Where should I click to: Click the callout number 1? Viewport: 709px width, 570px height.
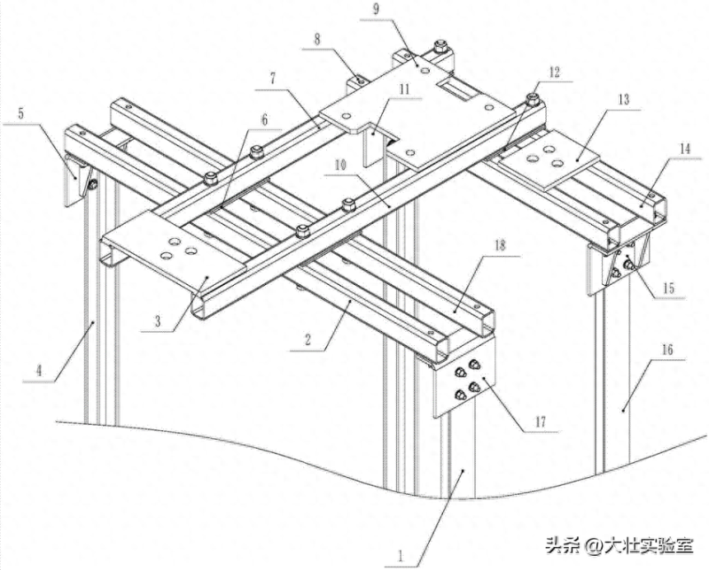[401, 557]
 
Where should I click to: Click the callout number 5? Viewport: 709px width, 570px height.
[21, 114]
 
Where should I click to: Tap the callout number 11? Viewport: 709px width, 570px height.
[403, 89]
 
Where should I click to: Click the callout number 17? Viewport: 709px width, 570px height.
[538, 423]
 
